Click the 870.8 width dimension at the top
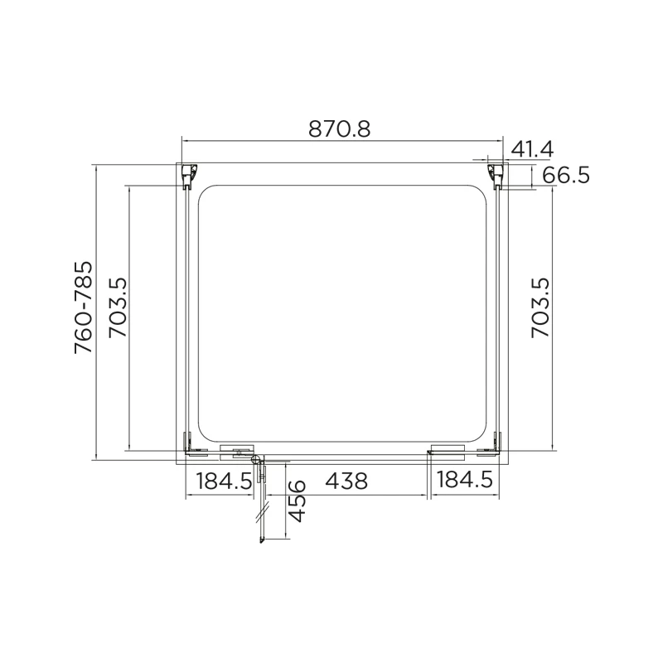(x=339, y=129)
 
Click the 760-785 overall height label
(x=84, y=308)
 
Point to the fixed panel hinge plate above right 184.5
(x=448, y=451)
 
